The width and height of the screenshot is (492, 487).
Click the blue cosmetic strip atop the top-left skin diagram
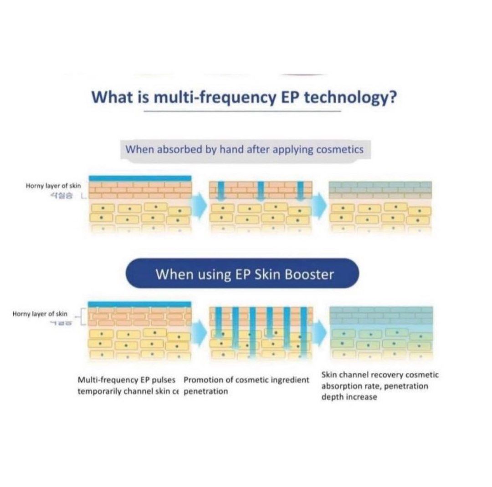140,178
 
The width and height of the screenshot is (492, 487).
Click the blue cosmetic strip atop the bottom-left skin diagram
140,304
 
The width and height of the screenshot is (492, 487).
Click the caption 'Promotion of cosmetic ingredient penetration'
246,386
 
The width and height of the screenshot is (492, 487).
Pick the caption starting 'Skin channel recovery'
380,386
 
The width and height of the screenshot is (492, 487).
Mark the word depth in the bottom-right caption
334,397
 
